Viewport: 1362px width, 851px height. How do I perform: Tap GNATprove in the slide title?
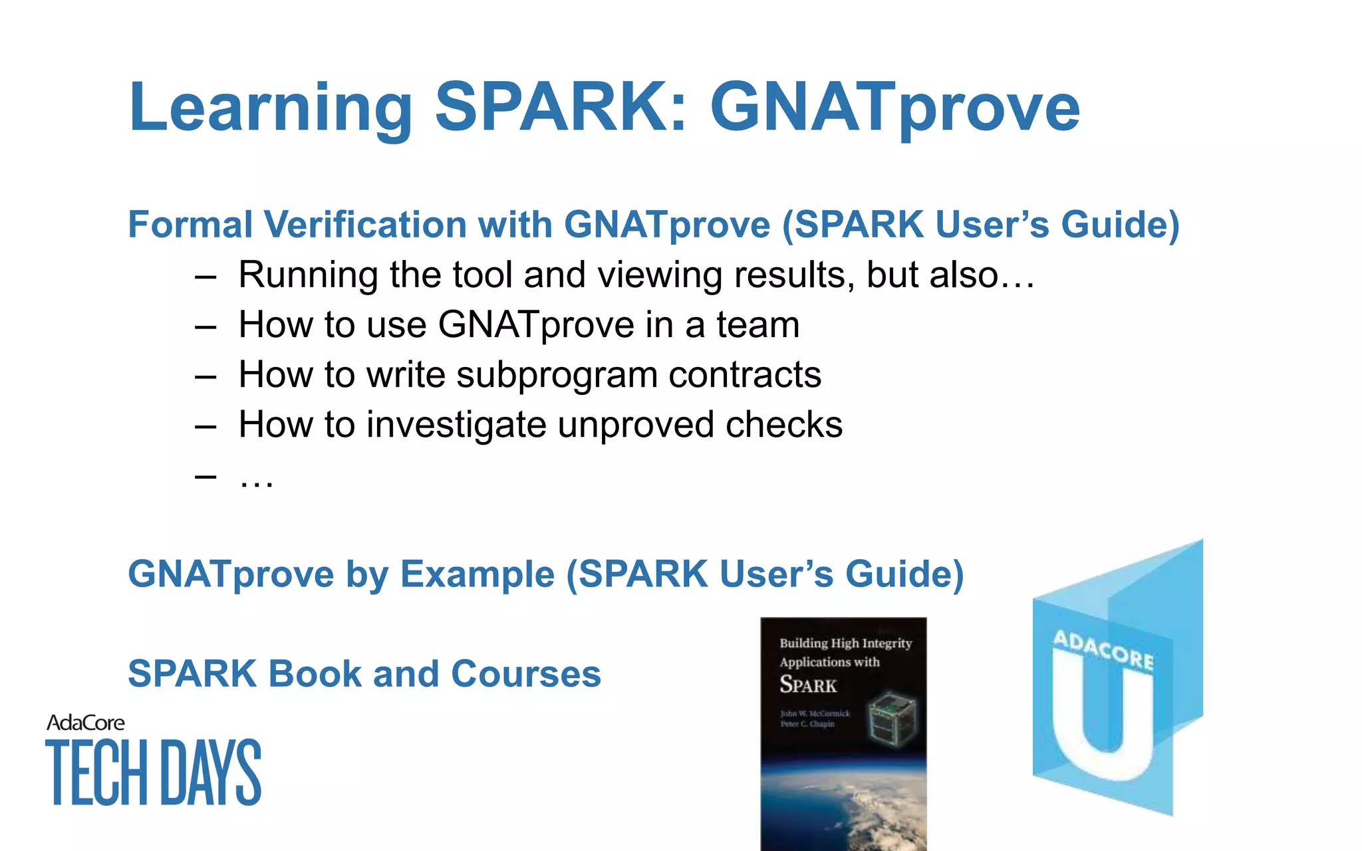point(894,108)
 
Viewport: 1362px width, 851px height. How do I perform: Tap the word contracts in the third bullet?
point(744,374)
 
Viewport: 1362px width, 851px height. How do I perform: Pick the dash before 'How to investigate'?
point(205,425)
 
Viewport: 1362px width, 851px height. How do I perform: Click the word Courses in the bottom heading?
point(525,673)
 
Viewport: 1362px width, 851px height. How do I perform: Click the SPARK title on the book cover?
point(807,685)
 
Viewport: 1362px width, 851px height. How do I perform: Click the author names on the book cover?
point(814,719)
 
